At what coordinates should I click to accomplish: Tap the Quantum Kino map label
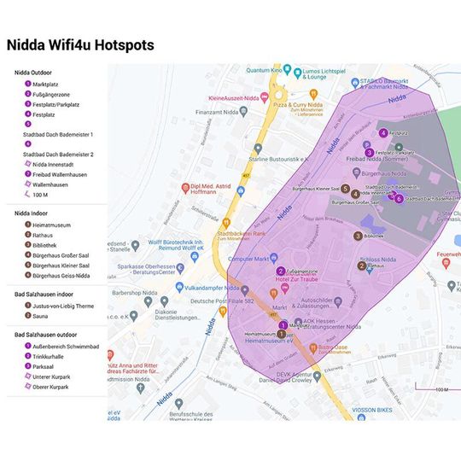pos(265,70)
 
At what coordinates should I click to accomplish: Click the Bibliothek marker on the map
pos(359,236)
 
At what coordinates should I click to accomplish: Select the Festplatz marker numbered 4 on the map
pos(383,132)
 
